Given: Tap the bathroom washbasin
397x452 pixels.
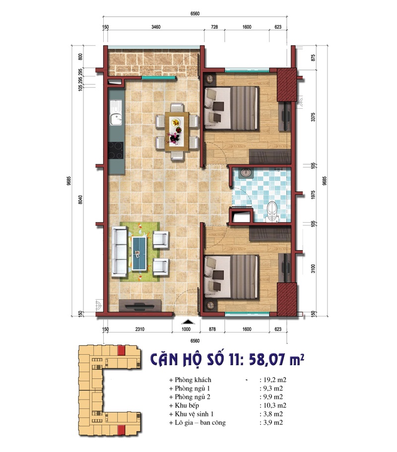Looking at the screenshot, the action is (245, 172).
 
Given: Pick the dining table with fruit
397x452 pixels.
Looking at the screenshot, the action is (177, 131).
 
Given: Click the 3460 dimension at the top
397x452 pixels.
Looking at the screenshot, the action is (156, 27).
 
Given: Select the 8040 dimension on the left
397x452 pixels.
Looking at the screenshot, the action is (80, 199).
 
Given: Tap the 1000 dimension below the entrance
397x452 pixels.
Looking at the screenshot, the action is (186, 329).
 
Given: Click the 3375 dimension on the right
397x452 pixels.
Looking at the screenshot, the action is (313, 117).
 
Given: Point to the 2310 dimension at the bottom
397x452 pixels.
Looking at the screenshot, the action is (140, 329).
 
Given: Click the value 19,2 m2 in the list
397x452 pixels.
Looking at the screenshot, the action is (274, 380).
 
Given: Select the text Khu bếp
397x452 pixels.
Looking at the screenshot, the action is (187, 405).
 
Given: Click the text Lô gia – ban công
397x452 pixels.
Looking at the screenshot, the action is (200, 423).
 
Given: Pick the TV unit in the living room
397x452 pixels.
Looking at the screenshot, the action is (140, 306).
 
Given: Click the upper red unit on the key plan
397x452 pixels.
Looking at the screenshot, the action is (121, 350).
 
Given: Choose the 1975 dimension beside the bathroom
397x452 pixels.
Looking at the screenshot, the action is (313, 194).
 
